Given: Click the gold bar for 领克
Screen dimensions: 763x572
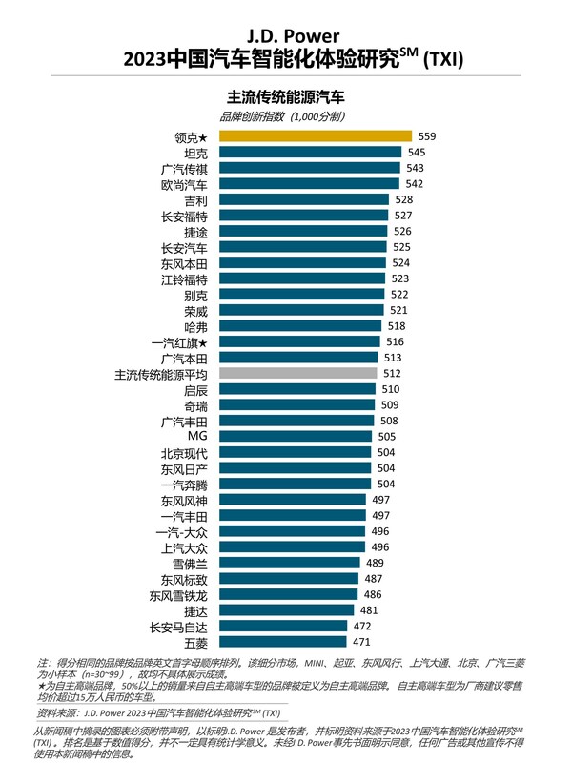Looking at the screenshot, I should pos(315,137).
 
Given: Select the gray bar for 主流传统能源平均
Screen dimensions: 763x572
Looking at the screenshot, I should pos(297,373).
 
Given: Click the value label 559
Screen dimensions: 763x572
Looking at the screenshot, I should pos(426,137).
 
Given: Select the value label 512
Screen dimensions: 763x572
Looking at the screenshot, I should pos(392,373).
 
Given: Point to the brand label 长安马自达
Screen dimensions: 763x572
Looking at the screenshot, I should pos(178,626).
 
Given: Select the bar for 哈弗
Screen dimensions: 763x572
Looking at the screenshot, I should pos(300,326).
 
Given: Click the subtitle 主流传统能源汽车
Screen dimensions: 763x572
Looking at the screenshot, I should pos(286,96).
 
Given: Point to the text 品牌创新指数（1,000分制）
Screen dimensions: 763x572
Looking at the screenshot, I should pos(286,116).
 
